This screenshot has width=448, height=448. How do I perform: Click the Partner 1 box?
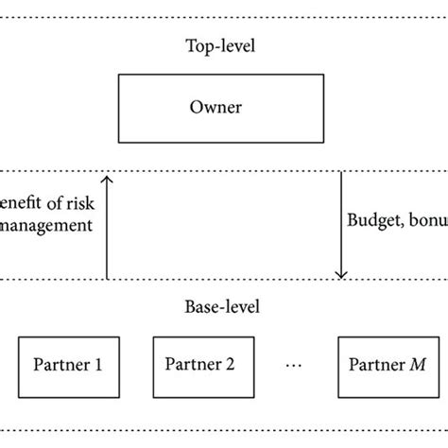pos(68,365)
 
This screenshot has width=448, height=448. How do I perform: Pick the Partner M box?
pos(386,365)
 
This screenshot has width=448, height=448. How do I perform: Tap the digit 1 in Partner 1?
pos(98,365)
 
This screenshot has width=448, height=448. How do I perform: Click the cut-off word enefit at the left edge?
pos(19,204)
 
